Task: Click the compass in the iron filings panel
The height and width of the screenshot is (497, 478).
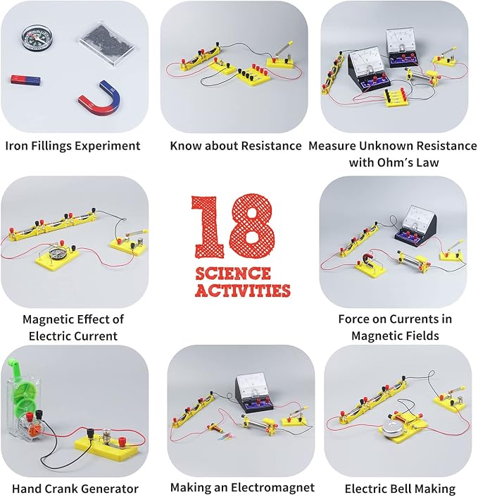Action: (37, 38)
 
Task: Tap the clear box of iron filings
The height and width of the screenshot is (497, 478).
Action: (106, 42)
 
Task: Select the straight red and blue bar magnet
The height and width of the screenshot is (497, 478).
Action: (25, 80)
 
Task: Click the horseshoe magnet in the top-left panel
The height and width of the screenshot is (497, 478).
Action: (101, 98)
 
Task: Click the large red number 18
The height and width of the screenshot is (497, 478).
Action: (233, 226)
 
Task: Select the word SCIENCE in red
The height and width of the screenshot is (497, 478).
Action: (233, 274)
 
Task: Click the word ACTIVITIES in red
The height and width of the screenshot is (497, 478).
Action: (242, 290)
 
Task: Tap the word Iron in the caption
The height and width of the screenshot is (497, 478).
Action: (16, 146)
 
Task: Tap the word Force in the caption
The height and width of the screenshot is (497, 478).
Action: (354, 319)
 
